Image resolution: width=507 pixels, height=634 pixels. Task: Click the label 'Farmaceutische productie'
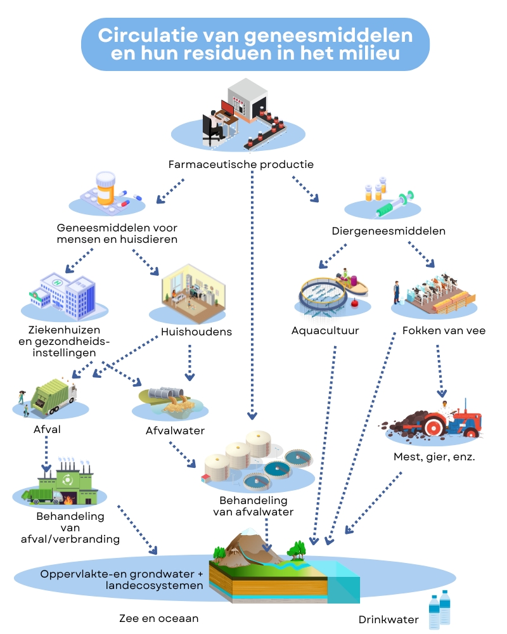[x=241, y=165]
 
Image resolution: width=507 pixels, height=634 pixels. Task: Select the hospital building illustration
[x=63, y=293]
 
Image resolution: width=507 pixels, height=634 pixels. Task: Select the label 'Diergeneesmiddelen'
[x=388, y=231]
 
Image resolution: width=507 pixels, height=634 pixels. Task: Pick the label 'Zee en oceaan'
[x=159, y=618]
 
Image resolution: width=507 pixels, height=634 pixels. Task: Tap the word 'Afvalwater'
[x=174, y=431]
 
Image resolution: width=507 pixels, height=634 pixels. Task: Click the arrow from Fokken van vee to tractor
[x=439, y=371]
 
